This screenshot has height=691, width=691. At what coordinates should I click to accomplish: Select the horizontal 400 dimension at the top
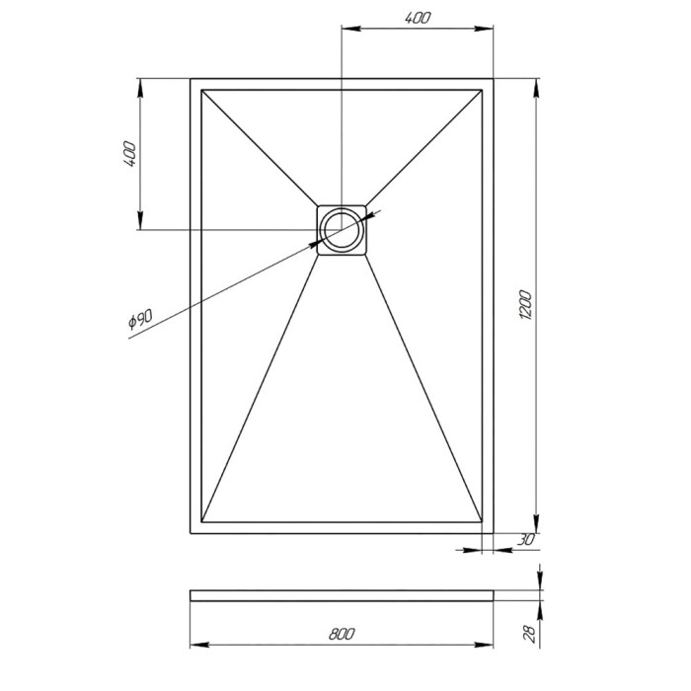pos(417,17)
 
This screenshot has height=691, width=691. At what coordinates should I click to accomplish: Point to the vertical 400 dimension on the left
pos(129,154)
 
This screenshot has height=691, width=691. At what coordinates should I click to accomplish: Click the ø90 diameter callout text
pos(140,323)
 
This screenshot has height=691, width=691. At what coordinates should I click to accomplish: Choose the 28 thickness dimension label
pos(528,631)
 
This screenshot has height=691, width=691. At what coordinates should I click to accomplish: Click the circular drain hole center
pos(342,229)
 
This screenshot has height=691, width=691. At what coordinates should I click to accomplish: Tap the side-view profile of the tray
pos(341,595)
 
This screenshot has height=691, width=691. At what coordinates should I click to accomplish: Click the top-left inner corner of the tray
pos(201,91)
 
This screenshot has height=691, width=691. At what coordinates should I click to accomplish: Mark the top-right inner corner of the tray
pos(482,91)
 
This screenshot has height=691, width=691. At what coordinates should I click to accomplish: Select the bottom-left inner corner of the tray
pos(201,520)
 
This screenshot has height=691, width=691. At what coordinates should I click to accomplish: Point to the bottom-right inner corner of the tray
pos(482,520)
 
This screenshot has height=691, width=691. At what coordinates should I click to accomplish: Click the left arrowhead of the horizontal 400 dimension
pos(346,30)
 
